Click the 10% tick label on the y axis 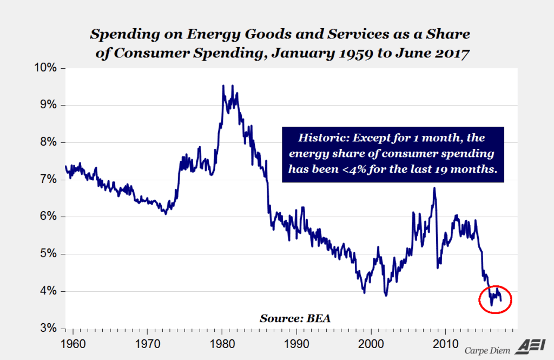(x=47, y=68)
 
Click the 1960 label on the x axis (x=72, y=344)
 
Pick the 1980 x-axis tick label (x=222, y=344)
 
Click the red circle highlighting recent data (x=495, y=299)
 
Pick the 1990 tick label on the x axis (x=296, y=344)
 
